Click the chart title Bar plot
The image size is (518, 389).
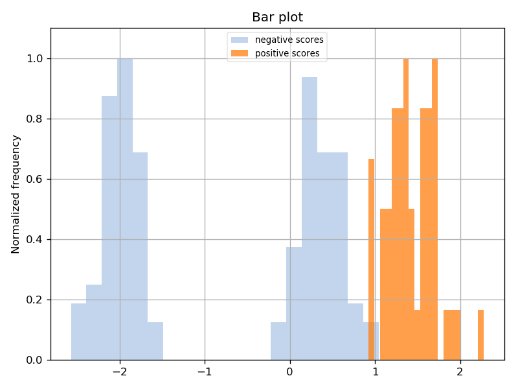coord(277,17)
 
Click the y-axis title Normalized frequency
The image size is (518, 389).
coord(16,194)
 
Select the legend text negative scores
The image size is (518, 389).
coord(289,40)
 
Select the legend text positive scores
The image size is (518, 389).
coord(287,53)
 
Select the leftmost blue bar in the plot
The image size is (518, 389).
coord(78,331)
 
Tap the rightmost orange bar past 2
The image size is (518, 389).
coord(481,335)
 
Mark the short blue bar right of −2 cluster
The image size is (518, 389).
coord(155,341)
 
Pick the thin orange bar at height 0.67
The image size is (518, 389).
coord(372,259)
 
